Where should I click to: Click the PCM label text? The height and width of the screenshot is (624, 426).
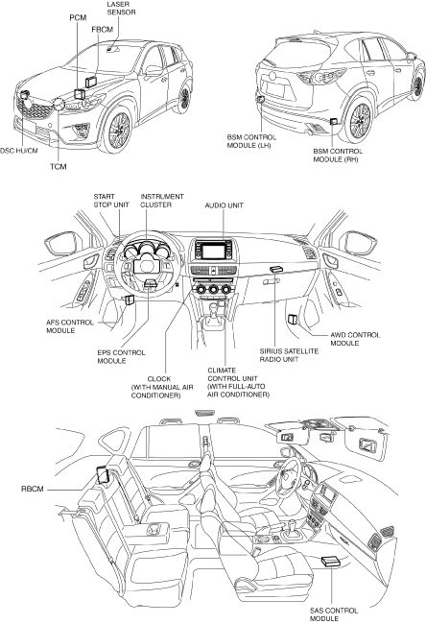(78, 17)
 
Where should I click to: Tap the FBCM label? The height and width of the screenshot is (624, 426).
(103, 30)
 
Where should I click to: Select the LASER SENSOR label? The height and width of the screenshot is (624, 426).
(121, 9)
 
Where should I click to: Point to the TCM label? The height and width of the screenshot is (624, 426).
(59, 166)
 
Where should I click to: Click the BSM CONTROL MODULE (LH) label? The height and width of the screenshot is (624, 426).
(251, 141)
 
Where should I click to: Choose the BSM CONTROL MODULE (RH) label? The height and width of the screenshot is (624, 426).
(338, 156)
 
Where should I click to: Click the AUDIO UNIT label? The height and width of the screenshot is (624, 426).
(224, 205)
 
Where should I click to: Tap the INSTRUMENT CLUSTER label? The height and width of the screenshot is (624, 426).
(162, 201)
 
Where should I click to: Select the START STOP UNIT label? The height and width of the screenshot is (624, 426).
(111, 201)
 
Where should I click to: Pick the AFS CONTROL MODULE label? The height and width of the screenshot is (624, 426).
(70, 326)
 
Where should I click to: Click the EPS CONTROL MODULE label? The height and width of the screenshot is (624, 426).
(121, 356)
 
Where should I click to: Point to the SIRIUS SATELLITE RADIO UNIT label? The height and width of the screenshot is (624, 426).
(289, 355)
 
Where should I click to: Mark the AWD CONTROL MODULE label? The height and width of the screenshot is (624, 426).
(355, 339)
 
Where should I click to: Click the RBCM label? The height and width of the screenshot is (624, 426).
(33, 489)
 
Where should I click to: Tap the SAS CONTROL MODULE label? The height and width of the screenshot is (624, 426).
(334, 614)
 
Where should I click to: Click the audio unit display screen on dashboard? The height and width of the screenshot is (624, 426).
(214, 252)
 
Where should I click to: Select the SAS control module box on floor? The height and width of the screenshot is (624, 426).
(331, 562)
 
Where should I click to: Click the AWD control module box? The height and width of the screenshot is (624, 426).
(293, 319)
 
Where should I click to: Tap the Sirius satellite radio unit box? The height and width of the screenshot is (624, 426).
(274, 269)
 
